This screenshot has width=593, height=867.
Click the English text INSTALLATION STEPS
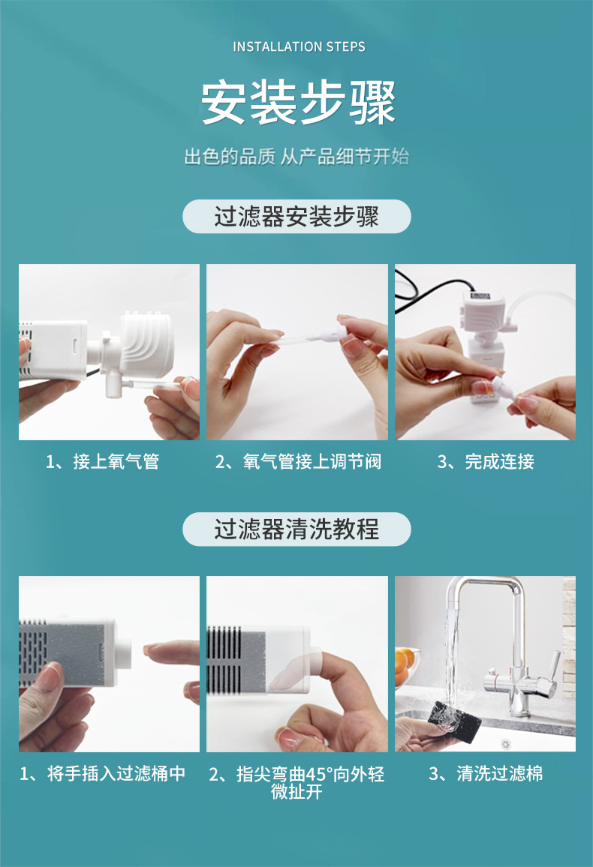coord(299,47)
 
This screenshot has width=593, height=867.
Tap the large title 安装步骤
coord(297,102)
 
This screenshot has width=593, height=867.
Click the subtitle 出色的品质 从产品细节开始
coord(296,157)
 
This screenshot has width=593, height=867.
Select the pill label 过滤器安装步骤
coord(296,216)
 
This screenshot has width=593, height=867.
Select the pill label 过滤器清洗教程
coord(296,529)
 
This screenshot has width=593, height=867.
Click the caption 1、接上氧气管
coord(102,461)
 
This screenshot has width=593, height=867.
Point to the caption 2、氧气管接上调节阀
coord(298,461)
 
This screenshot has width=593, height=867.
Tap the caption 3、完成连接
coord(486,461)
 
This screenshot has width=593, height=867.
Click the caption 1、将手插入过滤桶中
coord(102,773)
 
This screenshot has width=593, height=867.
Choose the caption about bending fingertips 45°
coord(296,782)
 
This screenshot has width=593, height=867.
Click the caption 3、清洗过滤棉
coord(486,773)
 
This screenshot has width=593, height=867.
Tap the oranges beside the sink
coord(405,664)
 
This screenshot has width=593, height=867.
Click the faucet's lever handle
coord(549,669)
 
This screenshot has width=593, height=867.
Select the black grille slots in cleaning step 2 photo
coord(224,660)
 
